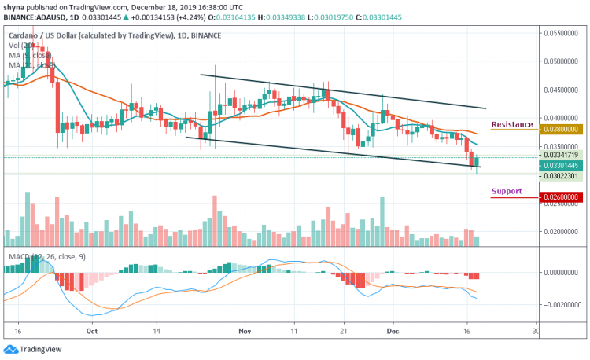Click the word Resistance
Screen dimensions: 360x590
pyautogui.click(x=511, y=124)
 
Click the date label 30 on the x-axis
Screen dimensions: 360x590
pyautogui.click(x=535, y=331)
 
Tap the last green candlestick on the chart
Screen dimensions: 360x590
pyautogui.click(x=476, y=162)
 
